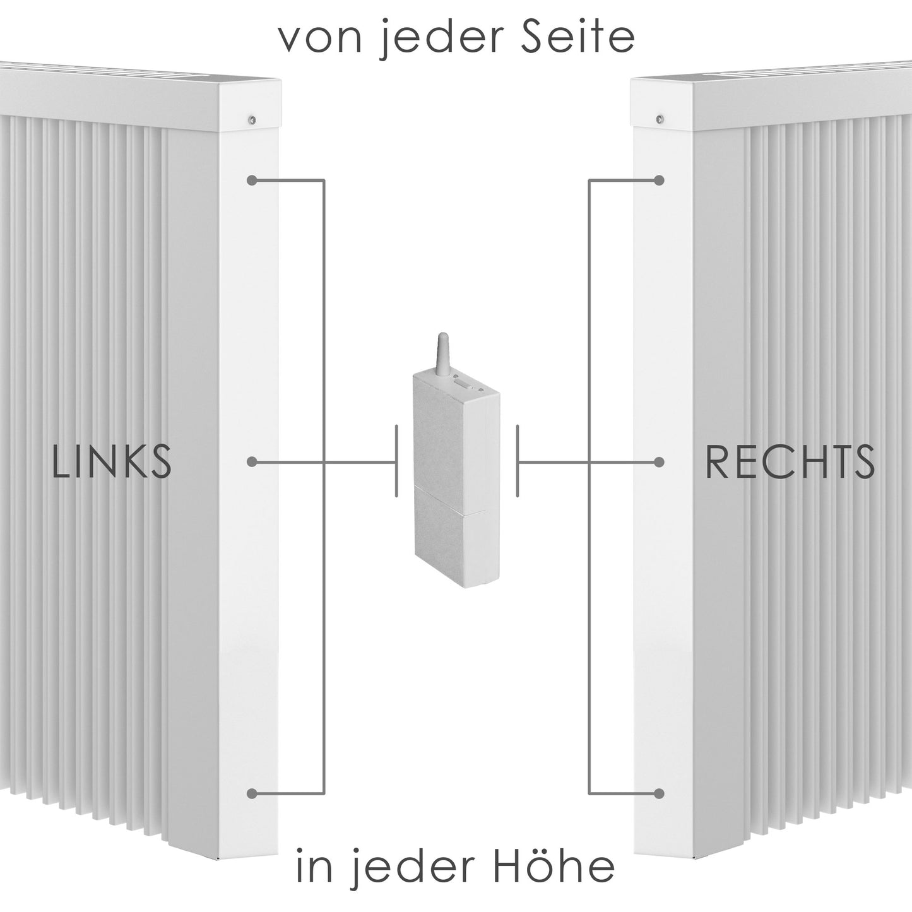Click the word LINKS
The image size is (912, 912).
[x=112, y=462]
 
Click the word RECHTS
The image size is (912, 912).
[x=790, y=462]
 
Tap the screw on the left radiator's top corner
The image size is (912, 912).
[x=252, y=117]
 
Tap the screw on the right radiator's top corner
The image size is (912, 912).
[x=660, y=117]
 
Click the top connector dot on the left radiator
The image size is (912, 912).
[x=252, y=181]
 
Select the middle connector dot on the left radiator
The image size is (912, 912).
[x=252, y=463]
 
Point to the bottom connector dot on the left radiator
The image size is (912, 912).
[x=252, y=793]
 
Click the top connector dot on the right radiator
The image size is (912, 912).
[x=660, y=181]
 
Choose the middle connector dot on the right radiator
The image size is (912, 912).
[x=660, y=463]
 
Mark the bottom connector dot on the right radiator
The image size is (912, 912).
[x=660, y=793]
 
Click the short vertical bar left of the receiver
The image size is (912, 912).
[x=396, y=461]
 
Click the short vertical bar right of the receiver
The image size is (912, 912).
[x=518, y=461]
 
